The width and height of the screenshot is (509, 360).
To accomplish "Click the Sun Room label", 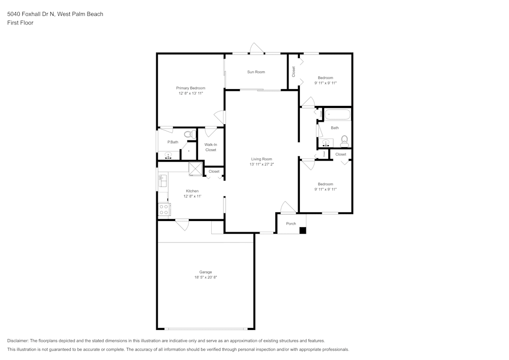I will coord(256,72).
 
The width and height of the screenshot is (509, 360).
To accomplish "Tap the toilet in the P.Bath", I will coord(188,134).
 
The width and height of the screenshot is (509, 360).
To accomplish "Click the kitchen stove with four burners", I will coord(163,209).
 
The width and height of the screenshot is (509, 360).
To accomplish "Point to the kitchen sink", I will coord(163,180).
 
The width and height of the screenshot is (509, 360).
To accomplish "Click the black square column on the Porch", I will coord(302,230).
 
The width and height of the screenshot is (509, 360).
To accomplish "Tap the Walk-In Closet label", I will coord(211,147).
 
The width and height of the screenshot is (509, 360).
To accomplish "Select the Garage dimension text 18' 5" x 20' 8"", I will coord(206,277).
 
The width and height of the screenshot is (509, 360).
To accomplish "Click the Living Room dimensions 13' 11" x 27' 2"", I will coord(262,164).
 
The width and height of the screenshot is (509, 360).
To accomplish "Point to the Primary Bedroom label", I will coord(191,88).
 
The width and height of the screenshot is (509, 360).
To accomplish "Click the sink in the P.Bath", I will coord(168,155).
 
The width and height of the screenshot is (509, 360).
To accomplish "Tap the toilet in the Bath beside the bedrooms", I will coord(345,140).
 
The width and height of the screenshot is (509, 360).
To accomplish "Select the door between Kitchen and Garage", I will coord(182,224).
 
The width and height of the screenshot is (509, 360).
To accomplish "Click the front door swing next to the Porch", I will coord(288,207).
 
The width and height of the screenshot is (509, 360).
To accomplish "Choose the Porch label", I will coord(291,224).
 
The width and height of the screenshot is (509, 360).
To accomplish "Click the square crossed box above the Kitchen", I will coord(195,169).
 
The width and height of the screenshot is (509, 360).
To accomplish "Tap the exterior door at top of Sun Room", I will coord(256,49).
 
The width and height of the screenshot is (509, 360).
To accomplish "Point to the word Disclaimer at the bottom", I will coord(18,341).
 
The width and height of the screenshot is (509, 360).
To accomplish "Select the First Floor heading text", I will coord(20,23).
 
